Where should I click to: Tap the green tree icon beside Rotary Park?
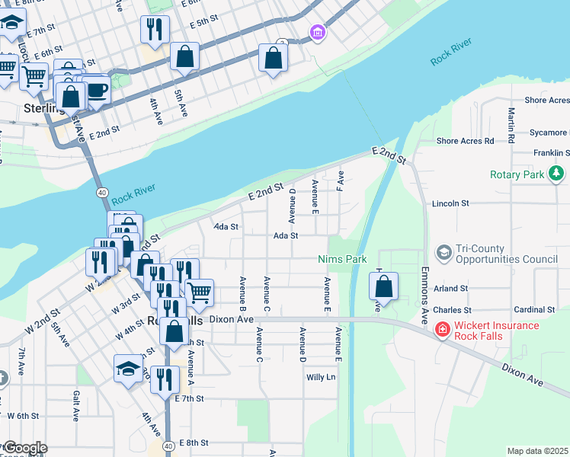[558, 174]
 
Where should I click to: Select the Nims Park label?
[342, 260]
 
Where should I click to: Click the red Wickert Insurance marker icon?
[441, 330]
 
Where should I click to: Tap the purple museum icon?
[317, 32]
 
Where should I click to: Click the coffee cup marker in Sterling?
[96, 90]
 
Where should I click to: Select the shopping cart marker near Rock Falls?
[199, 291]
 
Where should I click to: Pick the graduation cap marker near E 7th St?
[127, 368]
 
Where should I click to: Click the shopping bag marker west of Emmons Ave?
[384, 286]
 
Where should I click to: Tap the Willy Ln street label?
[320, 377]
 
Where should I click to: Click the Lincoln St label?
[450, 204]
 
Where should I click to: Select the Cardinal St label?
[534, 310]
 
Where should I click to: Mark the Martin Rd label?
[511, 123]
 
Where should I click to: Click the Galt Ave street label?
[76, 405]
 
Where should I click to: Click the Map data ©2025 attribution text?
[537, 451]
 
